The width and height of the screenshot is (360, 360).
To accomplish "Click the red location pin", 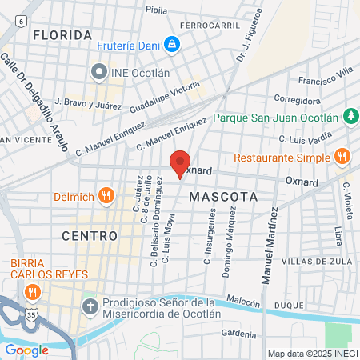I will tap(180, 163).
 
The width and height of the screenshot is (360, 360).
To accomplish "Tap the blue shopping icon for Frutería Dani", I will tap(171, 45).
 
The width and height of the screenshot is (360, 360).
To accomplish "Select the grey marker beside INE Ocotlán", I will tap(99, 73).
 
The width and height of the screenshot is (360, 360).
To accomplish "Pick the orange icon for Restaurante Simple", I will tap(342, 156).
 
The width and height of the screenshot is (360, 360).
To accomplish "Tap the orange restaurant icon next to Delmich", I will tap(106, 196).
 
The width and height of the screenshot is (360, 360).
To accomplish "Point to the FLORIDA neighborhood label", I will tap(62, 35).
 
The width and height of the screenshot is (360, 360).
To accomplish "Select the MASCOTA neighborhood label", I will tap(223, 196).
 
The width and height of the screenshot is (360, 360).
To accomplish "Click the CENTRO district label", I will tap(90, 236).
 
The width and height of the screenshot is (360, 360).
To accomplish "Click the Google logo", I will tap(26, 350).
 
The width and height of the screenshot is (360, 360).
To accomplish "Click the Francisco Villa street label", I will tap(325, 81).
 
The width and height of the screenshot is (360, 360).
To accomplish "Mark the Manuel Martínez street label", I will tap(267, 247).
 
